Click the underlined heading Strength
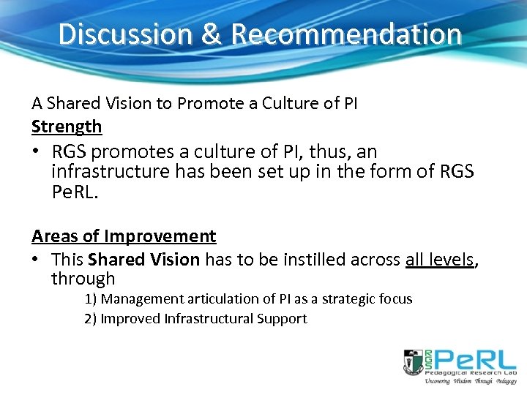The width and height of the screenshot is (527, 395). [67, 127]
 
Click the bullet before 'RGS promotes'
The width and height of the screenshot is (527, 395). [37, 152]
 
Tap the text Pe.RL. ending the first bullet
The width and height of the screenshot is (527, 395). [76, 193]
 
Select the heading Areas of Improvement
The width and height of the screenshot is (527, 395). [124, 236]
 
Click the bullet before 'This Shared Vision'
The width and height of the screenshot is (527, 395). [37, 258]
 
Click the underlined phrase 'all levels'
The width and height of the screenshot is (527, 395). [439, 258]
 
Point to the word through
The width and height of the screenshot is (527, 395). [83, 279]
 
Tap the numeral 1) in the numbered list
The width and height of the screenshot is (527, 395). [91, 299]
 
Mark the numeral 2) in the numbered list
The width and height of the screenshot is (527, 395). [91, 318]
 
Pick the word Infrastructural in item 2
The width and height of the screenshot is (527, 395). [209, 318]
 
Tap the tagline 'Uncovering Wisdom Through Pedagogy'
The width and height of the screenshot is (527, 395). [460, 381]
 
